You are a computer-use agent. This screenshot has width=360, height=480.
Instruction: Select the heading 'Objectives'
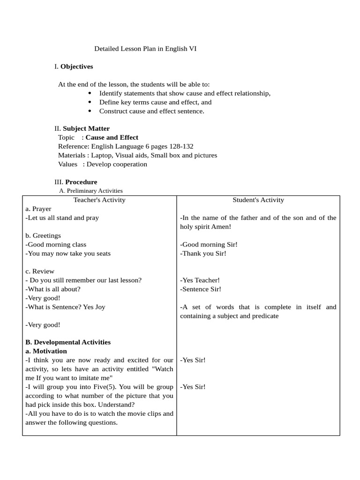click(x=76, y=67)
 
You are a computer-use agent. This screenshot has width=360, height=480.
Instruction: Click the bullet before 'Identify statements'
click(x=90, y=93)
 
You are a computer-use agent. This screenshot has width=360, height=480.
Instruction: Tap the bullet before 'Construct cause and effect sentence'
click(x=90, y=111)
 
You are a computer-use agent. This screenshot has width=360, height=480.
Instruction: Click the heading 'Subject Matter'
click(x=86, y=128)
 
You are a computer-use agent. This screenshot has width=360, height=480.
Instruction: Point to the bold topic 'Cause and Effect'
click(x=112, y=137)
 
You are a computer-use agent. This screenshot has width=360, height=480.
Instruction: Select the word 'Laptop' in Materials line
click(x=101, y=155)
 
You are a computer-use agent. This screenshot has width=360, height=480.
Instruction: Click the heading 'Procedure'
click(x=81, y=182)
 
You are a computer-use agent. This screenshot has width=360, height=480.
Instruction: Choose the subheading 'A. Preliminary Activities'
click(x=91, y=191)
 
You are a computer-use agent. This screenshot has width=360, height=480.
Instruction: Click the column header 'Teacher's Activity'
click(x=99, y=200)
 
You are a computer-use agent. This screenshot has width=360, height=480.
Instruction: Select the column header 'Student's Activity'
click(x=258, y=200)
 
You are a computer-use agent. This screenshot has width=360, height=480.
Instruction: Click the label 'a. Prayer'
click(x=38, y=209)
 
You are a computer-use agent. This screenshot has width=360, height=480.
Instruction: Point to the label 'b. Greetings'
click(x=43, y=235)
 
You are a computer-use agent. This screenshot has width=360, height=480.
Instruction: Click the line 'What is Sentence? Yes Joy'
click(x=65, y=307)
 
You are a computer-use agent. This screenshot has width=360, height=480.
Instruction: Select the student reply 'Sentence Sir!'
click(x=201, y=289)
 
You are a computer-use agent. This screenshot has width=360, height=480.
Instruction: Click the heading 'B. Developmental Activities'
click(x=68, y=342)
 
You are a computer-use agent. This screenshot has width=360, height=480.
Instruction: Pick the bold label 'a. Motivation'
click(x=46, y=351)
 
